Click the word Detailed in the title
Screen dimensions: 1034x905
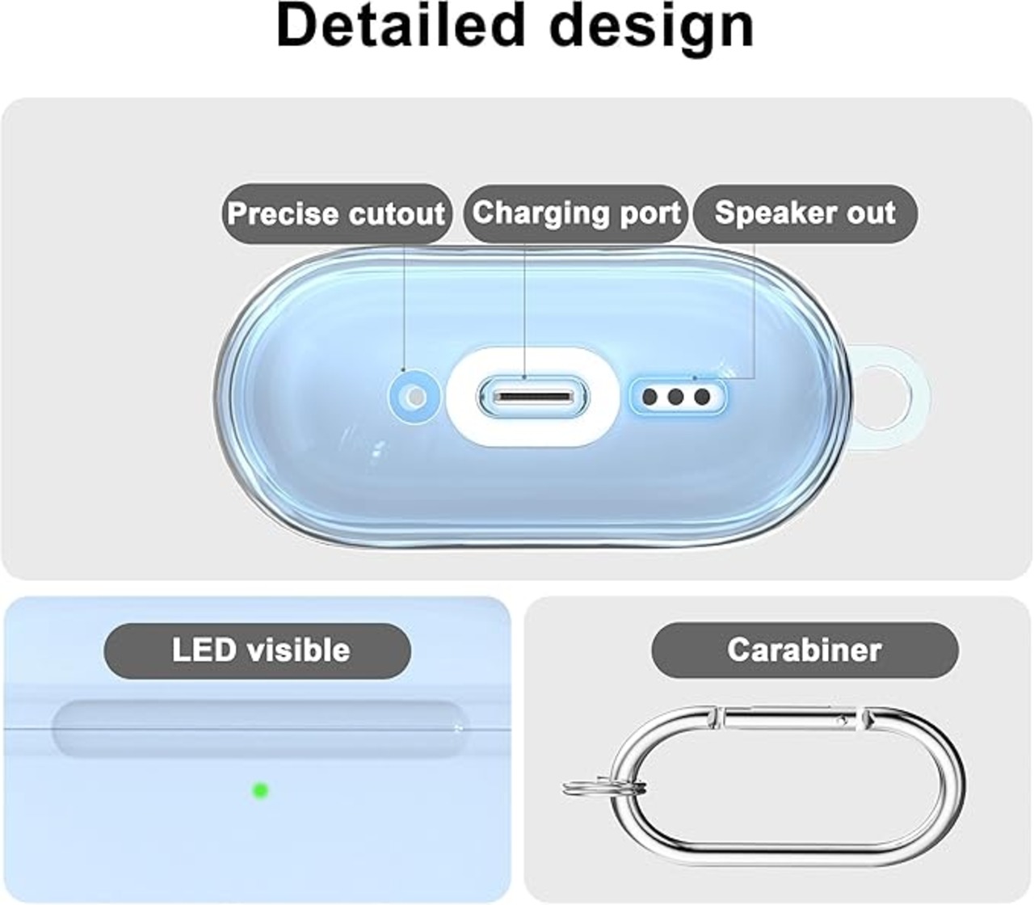[400, 25]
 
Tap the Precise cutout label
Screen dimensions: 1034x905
[337, 213]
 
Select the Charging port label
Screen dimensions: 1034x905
[576, 213]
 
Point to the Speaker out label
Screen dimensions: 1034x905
[805, 213]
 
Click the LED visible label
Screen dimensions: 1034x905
[257, 650]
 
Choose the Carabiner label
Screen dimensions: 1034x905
[805, 650]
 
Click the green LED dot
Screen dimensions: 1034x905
[260, 790]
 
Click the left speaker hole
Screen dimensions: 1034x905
[650, 397]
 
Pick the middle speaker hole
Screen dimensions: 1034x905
[675, 397]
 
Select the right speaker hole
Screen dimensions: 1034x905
[702, 397]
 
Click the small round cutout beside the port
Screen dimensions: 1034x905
[415, 398]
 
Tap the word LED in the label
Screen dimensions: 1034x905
[204, 650]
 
